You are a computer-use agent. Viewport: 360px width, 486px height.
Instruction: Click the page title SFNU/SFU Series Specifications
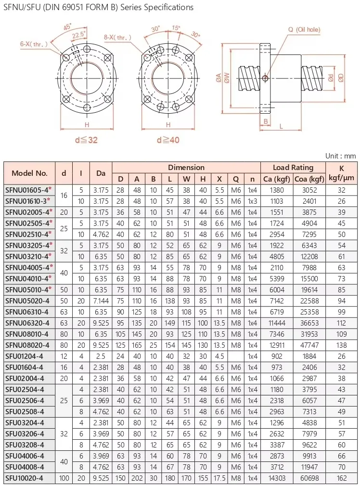click(x=98, y=7)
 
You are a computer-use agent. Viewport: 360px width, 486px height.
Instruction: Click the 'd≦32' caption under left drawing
click(x=87, y=140)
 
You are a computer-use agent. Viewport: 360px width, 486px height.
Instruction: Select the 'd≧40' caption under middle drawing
click(x=168, y=140)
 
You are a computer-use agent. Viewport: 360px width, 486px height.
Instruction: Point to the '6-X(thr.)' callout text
click(x=33, y=44)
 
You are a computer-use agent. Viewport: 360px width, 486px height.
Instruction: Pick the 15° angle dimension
click(x=177, y=28)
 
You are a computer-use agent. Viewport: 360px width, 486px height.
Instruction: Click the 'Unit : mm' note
click(x=340, y=156)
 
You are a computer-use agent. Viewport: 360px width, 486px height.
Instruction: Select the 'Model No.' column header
click(x=29, y=173)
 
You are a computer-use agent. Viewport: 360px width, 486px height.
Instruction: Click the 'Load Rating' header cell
click(x=293, y=168)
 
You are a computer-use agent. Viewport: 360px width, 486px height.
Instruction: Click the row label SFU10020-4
click(x=25, y=478)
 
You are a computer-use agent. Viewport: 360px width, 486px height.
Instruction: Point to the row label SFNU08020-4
click(x=27, y=345)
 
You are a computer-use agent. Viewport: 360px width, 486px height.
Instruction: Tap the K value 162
click(x=342, y=478)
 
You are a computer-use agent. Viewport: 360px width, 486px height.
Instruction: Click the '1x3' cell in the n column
click(x=252, y=201)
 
